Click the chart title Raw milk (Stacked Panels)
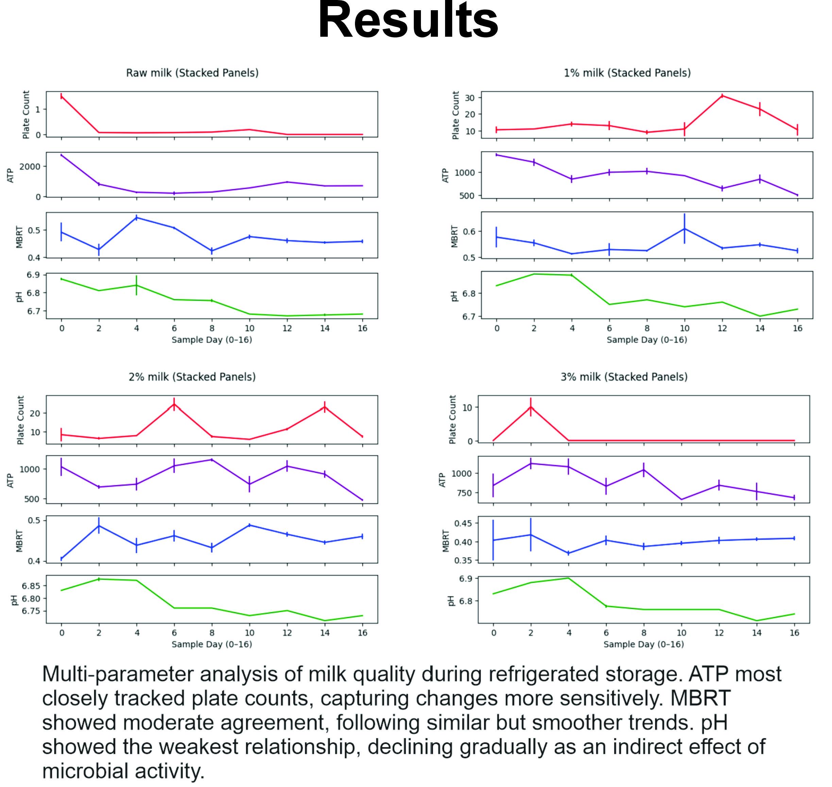click(x=192, y=73)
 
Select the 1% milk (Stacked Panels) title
click(x=627, y=73)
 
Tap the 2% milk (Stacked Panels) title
click(x=192, y=377)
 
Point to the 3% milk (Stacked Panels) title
click(x=624, y=377)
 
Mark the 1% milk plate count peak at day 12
click(x=722, y=96)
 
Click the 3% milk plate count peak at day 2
click(x=531, y=406)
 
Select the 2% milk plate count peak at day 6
click(x=174, y=404)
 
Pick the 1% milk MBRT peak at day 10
click(x=684, y=229)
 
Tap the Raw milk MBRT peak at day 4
click(x=136, y=217)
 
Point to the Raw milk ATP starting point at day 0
click(x=62, y=155)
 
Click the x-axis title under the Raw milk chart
click(x=212, y=340)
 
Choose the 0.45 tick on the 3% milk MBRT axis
click(x=463, y=523)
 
